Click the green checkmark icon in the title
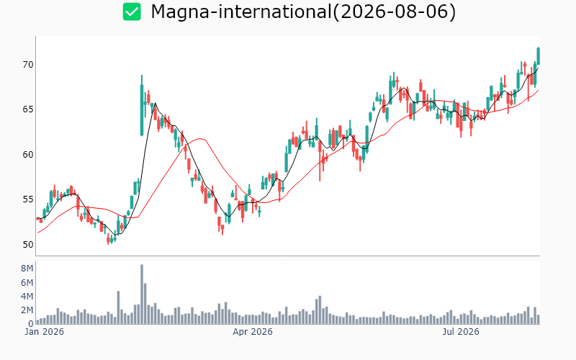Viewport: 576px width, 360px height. [x=132, y=12]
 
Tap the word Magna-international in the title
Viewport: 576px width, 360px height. [x=241, y=12]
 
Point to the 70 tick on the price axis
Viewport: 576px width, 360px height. [x=28, y=65]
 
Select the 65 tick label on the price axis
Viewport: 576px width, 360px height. [x=28, y=109]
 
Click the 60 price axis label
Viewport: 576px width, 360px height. [x=28, y=155]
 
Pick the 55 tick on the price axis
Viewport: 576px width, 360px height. [x=28, y=199]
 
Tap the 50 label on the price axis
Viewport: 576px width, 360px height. [x=28, y=245]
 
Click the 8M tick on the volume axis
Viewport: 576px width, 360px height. [x=27, y=269]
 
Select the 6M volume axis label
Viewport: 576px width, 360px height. [x=27, y=282]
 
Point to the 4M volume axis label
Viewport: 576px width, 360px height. [x=27, y=297]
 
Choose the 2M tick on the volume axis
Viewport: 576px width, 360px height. [x=27, y=310]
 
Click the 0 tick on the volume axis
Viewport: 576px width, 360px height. [x=31, y=324]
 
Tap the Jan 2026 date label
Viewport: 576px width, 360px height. [x=44, y=332]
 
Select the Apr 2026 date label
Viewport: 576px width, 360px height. [x=253, y=332]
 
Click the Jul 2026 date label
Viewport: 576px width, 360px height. [x=461, y=332]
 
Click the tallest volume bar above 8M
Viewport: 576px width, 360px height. [x=142, y=294]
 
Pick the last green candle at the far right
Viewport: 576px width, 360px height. [x=538, y=56]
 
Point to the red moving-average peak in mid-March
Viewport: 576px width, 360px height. [x=200, y=138]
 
